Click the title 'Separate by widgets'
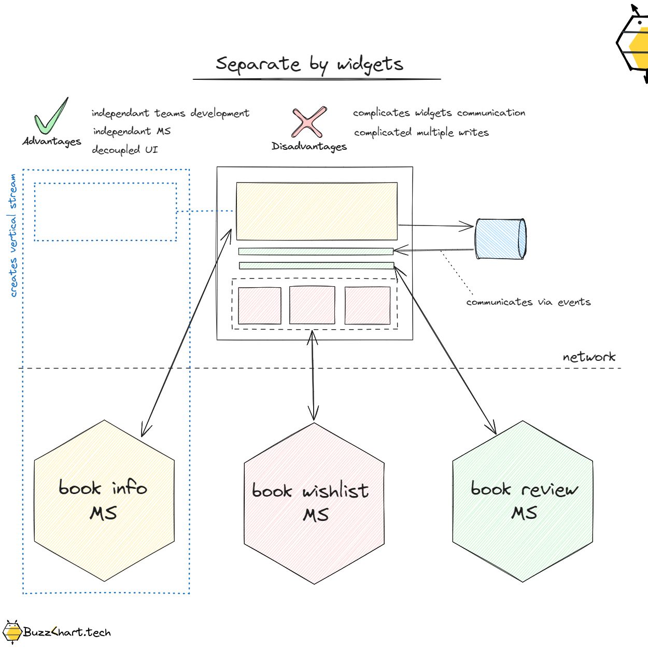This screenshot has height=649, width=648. point(309,64)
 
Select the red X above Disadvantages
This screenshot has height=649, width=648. point(309,122)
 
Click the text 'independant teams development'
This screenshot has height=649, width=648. point(170,113)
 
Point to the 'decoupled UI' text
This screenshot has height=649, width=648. point(124,150)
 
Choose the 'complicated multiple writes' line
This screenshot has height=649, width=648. point(421,133)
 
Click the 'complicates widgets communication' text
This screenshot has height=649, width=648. point(439,113)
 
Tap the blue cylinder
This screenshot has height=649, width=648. point(500,239)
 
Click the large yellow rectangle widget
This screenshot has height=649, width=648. point(317,211)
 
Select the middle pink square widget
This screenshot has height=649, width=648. point(312,305)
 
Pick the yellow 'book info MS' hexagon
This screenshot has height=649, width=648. point(104,501)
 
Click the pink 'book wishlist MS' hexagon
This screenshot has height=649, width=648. point(314,503)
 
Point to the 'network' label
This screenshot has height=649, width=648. point(589,357)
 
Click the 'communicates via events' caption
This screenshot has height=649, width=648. point(528,302)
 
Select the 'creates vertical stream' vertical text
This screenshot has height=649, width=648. point(13,235)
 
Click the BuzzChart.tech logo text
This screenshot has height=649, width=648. point(66,632)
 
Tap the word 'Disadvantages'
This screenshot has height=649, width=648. point(309,147)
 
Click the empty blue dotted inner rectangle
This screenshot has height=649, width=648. point(105,212)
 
